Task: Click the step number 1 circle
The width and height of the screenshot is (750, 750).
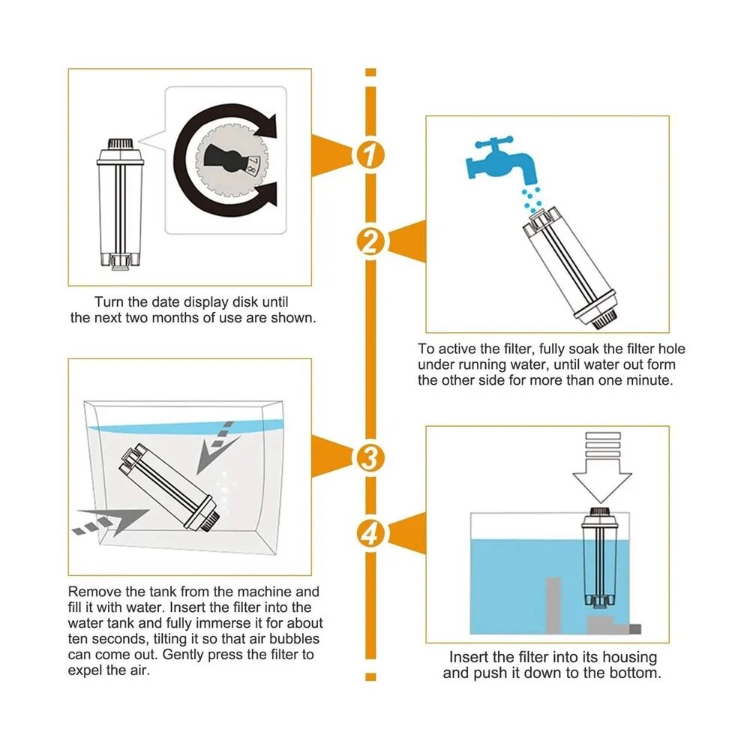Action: pos(370,155)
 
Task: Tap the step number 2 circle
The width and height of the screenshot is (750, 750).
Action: pos(370,242)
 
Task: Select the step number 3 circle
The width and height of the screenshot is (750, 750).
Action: pos(370,457)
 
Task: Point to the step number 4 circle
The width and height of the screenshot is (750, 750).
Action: pos(370,534)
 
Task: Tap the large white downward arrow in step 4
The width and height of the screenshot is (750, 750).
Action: pos(603,467)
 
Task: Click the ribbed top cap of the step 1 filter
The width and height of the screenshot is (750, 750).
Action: pos(120,143)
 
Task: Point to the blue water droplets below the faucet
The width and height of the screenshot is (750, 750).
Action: pos(531,199)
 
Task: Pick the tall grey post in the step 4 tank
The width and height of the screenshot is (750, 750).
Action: pos(553,604)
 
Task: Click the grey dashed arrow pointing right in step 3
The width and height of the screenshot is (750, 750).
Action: pos(111,521)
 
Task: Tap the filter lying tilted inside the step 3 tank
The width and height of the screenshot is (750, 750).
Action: pos(169,487)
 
